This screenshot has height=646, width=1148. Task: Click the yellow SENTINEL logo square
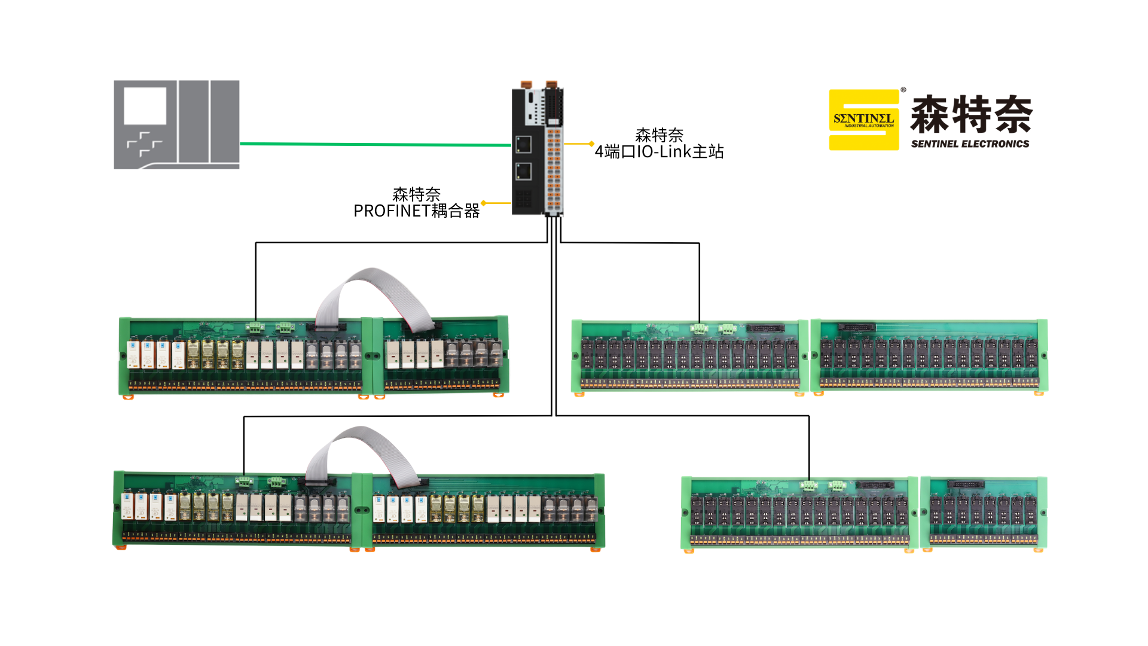tap(863, 120)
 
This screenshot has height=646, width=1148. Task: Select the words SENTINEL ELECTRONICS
tap(970, 144)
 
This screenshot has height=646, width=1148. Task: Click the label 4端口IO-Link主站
tap(659, 152)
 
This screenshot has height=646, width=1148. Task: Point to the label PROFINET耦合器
tap(416, 211)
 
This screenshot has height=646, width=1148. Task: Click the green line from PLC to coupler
tap(375, 144)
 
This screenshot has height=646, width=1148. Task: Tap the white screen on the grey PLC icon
tap(145, 106)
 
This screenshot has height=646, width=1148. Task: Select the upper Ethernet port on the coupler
tap(523, 144)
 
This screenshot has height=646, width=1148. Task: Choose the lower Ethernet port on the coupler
tap(523, 172)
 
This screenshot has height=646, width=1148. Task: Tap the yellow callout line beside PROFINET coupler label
tap(496, 203)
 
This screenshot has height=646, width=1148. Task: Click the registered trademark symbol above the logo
tap(903, 90)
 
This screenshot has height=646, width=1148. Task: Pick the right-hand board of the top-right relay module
tap(929, 355)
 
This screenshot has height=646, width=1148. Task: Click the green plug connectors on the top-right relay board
tap(713, 328)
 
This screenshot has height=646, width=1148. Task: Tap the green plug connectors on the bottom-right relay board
tap(823, 485)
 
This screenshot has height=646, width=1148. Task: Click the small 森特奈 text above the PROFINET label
tap(416, 194)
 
